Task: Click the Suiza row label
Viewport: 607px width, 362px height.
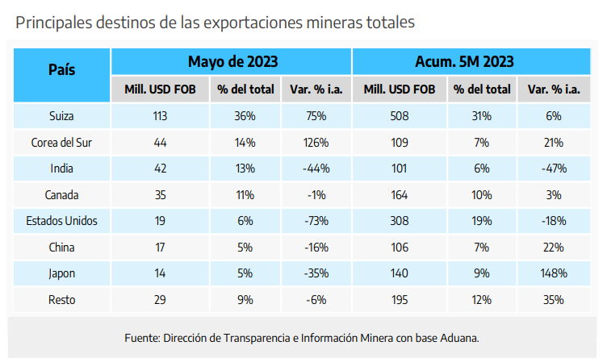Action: [61, 116]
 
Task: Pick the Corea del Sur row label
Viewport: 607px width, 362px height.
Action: [61, 143]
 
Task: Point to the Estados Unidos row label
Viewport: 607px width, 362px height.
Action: [61, 221]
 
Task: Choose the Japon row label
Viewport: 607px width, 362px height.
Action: [61, 273]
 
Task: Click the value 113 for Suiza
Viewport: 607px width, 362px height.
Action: [160, 116]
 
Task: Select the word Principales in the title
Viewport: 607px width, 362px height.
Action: [52, 23]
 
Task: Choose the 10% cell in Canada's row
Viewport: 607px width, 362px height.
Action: [481, 195]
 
